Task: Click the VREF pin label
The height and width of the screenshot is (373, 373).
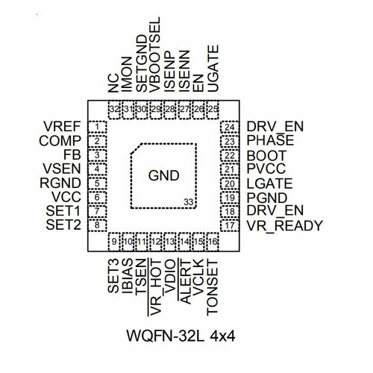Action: coord(62,126)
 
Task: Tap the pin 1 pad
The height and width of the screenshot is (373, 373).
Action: coord(98,127)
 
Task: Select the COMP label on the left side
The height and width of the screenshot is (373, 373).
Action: coord(60,141)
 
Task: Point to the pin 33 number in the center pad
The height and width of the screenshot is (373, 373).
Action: coord(189,202)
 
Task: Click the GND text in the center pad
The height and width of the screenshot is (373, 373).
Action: coord(163,175)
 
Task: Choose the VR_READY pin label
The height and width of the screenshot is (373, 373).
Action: coord(284,226)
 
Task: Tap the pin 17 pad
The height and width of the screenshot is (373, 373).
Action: coord(230,225)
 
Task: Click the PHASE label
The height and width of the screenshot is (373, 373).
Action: coord(270,140)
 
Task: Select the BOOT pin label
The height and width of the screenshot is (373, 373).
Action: coord(266,156)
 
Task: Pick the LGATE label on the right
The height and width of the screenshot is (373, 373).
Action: coord(269,184)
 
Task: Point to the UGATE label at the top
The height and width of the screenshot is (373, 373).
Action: coord(213,69)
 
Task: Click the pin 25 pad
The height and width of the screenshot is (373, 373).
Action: coord(213,110)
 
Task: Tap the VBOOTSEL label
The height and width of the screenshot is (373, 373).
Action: coord(154,54)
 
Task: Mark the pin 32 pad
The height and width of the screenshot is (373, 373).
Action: coord(114,110)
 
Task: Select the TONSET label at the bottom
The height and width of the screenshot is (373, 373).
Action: coord(213,288)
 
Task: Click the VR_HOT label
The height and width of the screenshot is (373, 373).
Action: coord(155,287)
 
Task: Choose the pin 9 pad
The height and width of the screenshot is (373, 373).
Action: coord(114,242)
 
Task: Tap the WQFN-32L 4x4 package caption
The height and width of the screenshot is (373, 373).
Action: coord(181,336)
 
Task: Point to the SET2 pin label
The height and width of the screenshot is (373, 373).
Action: coord(63,225)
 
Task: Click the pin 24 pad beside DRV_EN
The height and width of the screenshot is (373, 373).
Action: coord(230,127)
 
